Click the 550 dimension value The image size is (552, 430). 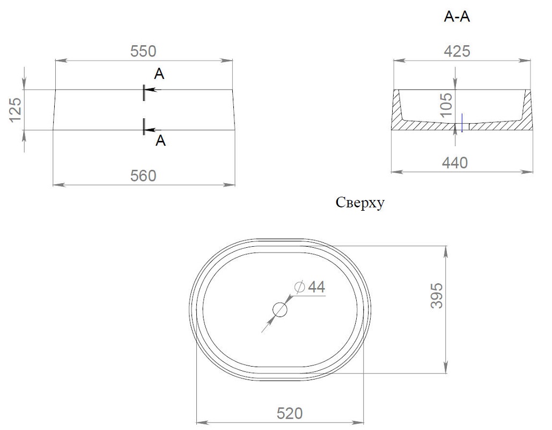(143, 52)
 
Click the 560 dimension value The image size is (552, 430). (143, 176)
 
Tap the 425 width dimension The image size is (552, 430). (457, 52)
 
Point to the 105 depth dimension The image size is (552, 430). (446, 105)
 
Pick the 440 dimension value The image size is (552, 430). (455, 163)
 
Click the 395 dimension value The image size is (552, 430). (437, 296)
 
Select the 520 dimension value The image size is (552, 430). (289, 413)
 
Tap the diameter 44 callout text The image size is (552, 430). (310, 287)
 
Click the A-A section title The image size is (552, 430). (457, 17)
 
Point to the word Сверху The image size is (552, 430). (360, 203)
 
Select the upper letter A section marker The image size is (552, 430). (159, 74)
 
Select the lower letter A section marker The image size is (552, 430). (160, 140)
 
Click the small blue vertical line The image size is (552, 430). (462, 123)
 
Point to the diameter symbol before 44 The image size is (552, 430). (299, 287)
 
